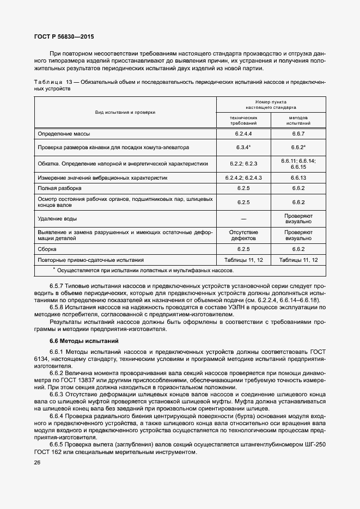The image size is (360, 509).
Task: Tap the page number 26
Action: tap(37, 463)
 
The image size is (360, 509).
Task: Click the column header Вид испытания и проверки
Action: tap(125, 112)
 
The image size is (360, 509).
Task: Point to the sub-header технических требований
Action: tap(243, 120)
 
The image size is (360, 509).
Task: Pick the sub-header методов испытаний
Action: tap(298, 120)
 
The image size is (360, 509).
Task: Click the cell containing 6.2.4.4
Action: tap(243, 133)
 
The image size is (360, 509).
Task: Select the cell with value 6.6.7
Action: tap(298, 133)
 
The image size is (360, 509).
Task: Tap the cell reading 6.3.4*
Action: tap(243, 148)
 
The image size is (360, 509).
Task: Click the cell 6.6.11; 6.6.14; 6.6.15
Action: tap(298, 163)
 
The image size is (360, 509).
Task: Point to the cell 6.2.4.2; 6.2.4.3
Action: tap(243, 177)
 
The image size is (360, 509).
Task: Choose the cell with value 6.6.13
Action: tap(298, 177)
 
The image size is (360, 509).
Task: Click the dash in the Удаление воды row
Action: tap(243, 219)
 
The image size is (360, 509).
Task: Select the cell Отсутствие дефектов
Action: tap(243, 235)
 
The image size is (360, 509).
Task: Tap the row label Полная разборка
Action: tap(59, 188)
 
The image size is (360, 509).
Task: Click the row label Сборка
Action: tap(48, 249)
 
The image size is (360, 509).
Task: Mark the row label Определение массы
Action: tap(64, 133)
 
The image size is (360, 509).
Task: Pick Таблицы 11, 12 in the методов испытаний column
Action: tap(298, 260)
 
